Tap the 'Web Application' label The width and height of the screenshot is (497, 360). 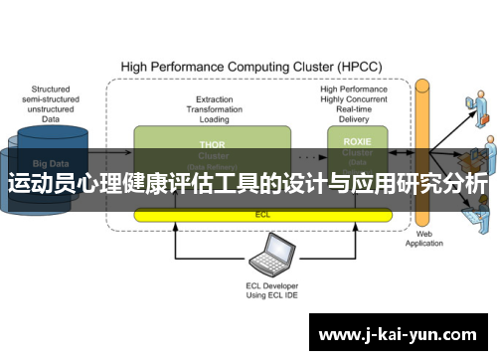425,238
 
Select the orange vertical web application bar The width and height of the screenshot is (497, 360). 424,149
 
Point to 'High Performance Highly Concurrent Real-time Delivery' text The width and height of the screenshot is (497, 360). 354,102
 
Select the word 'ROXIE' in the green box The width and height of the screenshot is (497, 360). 357,141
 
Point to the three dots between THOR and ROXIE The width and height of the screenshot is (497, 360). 309,156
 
